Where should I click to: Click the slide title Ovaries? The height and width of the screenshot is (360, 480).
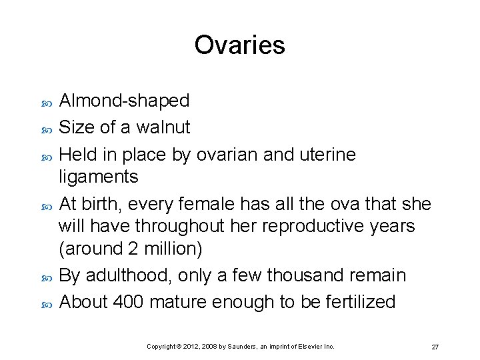click(x=239, y=45)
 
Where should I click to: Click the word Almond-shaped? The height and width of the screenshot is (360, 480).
click(x=125, y=101)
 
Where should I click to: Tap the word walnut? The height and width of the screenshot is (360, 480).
click(x=163, y=127)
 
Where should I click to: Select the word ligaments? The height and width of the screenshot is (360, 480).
click(x=99, y=177)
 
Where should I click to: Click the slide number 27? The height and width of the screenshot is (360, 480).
click(x=435, y=347)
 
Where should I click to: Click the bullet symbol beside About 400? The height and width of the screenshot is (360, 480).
click(x=46, y=303)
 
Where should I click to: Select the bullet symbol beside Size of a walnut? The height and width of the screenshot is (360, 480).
click(x=46, y=129)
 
